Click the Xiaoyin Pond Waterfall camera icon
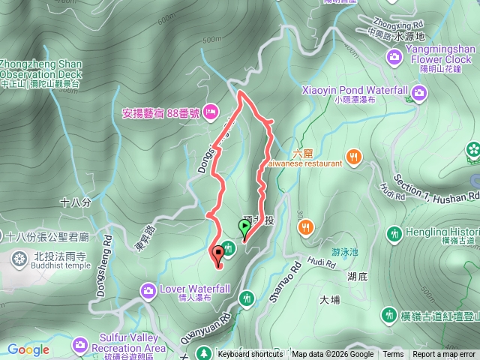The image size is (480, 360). tap(420, 92)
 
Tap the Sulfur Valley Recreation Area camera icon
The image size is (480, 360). tap(79, 344)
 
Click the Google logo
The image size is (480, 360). tap(28, 349)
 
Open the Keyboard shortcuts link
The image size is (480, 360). tap(250, 355)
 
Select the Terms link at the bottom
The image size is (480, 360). tap(393, 355)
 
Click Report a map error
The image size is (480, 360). tap(444, 355)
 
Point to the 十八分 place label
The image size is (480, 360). tap(74, 202)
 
